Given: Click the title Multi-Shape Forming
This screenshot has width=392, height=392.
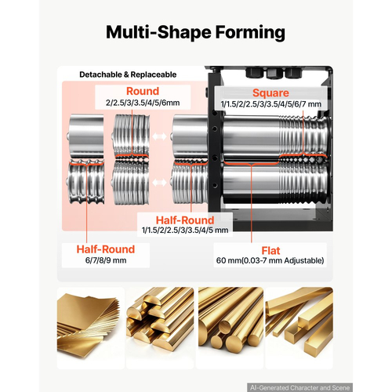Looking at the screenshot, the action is point(195,33).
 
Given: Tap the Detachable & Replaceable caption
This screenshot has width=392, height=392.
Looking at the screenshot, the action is point(128,74).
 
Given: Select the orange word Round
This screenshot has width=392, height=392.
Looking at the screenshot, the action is point(143,91).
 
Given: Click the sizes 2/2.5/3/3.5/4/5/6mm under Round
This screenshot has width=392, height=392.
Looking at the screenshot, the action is point(143,103).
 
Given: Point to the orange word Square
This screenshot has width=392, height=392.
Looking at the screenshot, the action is point(270,93).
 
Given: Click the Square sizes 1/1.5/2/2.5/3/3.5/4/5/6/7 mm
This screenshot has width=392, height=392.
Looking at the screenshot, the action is point(271,104).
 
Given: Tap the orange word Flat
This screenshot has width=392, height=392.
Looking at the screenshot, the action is point(270,251).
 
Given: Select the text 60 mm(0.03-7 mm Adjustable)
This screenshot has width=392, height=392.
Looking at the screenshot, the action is point(270,260).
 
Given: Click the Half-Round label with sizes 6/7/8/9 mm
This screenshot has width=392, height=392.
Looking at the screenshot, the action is point(106,249).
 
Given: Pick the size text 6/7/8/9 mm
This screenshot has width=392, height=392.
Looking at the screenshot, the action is point(106,260).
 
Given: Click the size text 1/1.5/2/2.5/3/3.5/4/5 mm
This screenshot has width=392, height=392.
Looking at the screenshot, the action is point(185,230).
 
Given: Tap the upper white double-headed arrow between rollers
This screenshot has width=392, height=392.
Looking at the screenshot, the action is point(159,136).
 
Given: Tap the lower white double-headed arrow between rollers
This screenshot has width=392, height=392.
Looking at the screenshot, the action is point(159,183).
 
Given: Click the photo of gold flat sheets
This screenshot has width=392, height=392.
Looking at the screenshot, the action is point(91,328).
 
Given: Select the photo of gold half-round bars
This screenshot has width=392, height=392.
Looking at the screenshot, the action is point(160,328).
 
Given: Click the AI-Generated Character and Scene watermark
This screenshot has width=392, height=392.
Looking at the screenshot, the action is point(299,387).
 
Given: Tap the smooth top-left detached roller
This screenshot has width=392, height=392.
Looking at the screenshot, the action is point(86,136).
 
